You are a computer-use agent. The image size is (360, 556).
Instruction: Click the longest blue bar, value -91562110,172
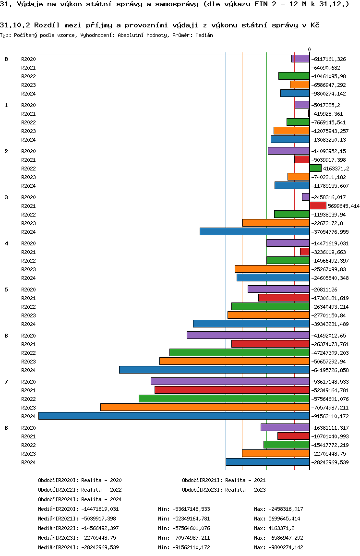[x=174, y=416]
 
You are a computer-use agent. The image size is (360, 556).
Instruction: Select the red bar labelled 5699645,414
[x=318, y=205]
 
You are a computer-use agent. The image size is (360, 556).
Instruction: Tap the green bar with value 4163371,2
[x=315, y=168]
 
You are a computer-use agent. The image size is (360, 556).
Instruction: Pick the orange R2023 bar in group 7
[x=205, y=407]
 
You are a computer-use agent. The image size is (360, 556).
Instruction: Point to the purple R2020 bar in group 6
[x=248, y=335]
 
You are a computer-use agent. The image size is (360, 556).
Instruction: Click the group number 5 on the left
[x=6, y=290]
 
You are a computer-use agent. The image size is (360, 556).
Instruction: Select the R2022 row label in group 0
[x=28, y=76]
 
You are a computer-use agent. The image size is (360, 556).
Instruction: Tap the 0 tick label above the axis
[x=309, y=49]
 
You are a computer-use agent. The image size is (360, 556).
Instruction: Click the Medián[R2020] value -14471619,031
[x=100, y=509]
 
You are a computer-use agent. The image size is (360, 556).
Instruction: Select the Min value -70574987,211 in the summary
[x=191, y=538]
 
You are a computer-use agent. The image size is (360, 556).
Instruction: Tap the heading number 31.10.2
[x=15, y=24]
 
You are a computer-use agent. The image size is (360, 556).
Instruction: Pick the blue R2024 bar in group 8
[x=267, y=462]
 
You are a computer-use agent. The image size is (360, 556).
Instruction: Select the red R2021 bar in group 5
[x=284, y=298]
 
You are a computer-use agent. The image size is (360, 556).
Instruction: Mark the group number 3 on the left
[x=6, y=197]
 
